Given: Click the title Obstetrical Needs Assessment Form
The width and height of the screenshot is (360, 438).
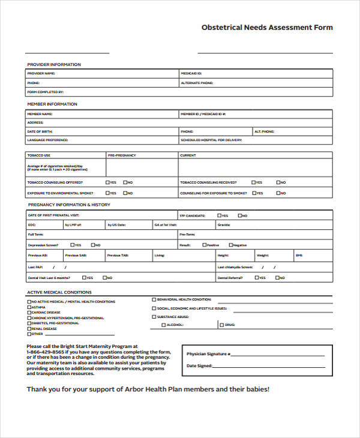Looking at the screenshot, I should coord(267,28).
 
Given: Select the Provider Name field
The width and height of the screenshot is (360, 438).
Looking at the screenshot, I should coord(102,73).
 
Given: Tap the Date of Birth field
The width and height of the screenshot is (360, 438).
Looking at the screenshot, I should coord(102,131).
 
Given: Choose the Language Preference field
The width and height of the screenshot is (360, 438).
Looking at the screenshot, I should coord(102,140).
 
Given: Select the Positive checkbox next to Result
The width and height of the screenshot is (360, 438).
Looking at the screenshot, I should coord(205,245).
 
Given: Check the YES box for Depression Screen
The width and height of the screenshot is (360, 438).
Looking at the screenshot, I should coord(73,245).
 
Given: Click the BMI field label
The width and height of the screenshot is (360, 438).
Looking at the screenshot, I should coord(299,256).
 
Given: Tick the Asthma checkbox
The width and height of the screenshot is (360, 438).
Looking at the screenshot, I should coord(29,307).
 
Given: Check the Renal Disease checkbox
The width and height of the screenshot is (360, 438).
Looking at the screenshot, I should coord(29,328).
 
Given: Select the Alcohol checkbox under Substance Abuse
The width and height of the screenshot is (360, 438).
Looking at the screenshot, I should coord(164,325).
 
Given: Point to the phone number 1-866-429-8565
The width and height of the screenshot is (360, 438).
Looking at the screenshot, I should coord(46,352).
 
